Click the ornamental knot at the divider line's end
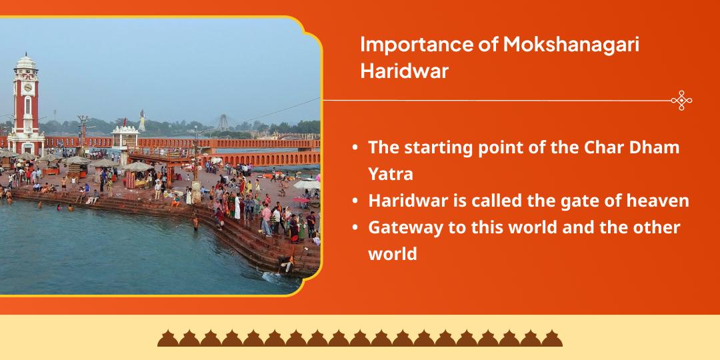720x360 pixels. click(681, 101)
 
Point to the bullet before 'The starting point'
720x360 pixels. click(357, 148)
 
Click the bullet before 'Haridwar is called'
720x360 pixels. click(357, 201)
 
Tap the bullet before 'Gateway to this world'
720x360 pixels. click(357, 228)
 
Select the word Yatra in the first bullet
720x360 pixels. click(391, 174)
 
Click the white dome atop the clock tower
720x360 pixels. click(26, 62)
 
